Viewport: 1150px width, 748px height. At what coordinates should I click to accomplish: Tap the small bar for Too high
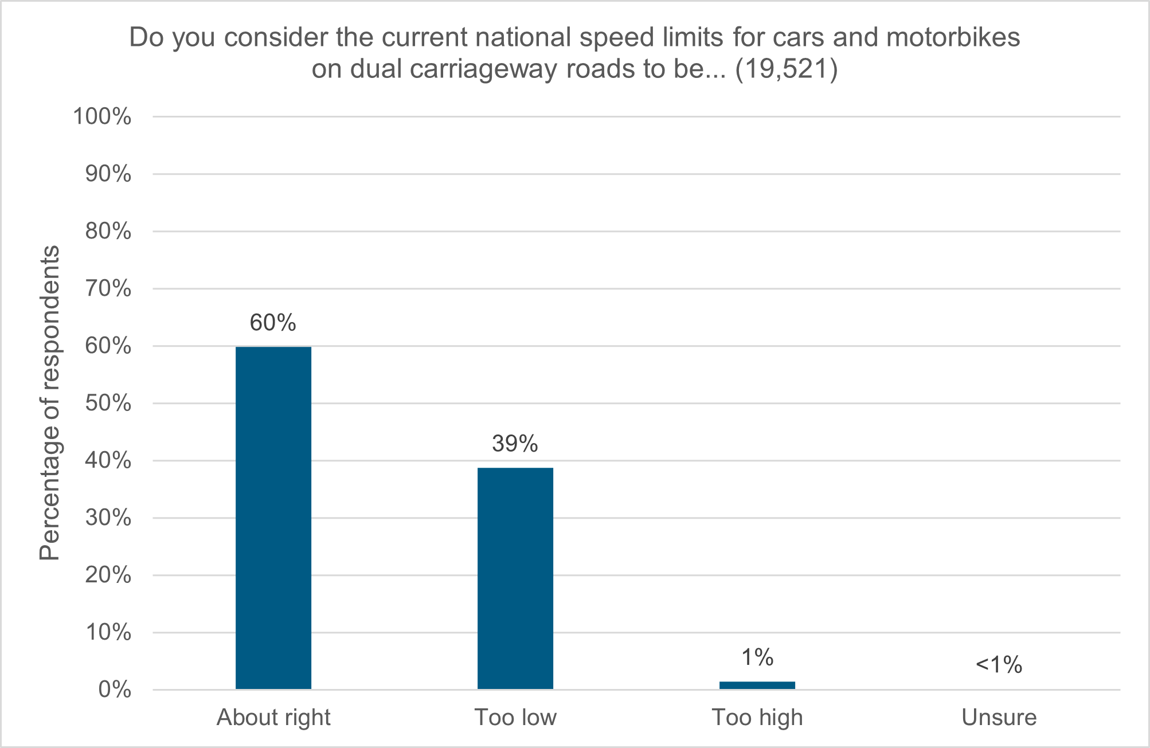point(757,685)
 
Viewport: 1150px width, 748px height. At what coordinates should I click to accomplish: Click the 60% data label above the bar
point(273,323)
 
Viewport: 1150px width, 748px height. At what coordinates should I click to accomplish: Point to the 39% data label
point(515,444)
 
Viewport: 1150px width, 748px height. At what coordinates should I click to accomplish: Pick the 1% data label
point(757,658)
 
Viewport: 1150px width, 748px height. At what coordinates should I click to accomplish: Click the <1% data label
point(999,665)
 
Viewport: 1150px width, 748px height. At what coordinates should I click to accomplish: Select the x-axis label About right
point(273,718)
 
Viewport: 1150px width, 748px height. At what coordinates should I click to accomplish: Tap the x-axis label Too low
point(515,718)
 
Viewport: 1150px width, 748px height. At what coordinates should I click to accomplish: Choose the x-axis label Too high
point(757,718)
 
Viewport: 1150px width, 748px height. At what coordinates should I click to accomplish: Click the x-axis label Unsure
point(999,718)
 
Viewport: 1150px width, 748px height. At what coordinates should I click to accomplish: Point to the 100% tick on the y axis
point(102,117)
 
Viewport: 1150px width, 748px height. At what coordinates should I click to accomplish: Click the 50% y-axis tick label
point(108,404)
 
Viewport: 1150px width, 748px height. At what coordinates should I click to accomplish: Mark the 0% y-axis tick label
point(115,690)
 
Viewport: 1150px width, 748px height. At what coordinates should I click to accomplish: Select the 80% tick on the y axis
point(108,232)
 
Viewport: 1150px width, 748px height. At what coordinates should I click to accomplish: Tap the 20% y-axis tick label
point(108,575)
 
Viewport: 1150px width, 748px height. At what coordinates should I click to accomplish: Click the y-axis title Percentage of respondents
point(50,403)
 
